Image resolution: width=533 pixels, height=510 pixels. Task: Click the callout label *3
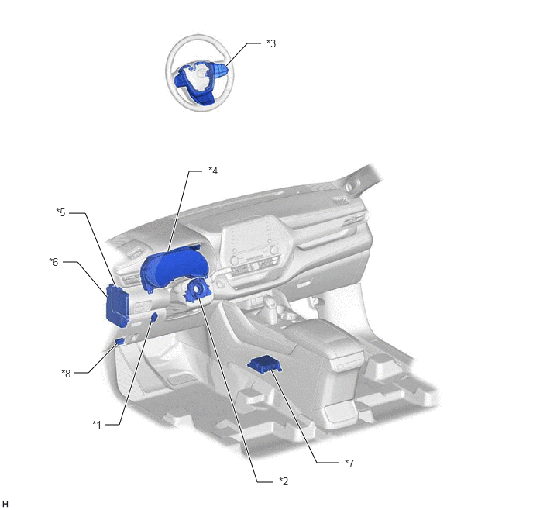click(271, 43)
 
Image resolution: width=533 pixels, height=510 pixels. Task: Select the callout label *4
click(213, 171)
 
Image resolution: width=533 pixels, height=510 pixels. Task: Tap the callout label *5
click(60, 212)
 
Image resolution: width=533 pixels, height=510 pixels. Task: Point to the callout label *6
click(53, 262)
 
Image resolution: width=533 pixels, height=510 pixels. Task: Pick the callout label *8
click(66, 374)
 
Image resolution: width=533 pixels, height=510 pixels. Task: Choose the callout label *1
click(97, 425)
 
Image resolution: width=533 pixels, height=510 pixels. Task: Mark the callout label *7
click(349, 463)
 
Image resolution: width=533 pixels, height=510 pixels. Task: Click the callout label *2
click(284, 481)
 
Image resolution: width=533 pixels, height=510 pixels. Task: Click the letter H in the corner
click(5, 504)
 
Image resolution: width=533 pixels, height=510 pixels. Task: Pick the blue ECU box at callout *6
click(117, 305)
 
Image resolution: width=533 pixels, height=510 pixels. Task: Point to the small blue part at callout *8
click(119, 341)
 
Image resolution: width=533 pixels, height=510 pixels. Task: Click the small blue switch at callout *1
click(153, 318)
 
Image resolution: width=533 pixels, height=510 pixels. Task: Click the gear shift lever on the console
click(270, 302)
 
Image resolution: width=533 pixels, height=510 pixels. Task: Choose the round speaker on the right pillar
click(349, 187)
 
